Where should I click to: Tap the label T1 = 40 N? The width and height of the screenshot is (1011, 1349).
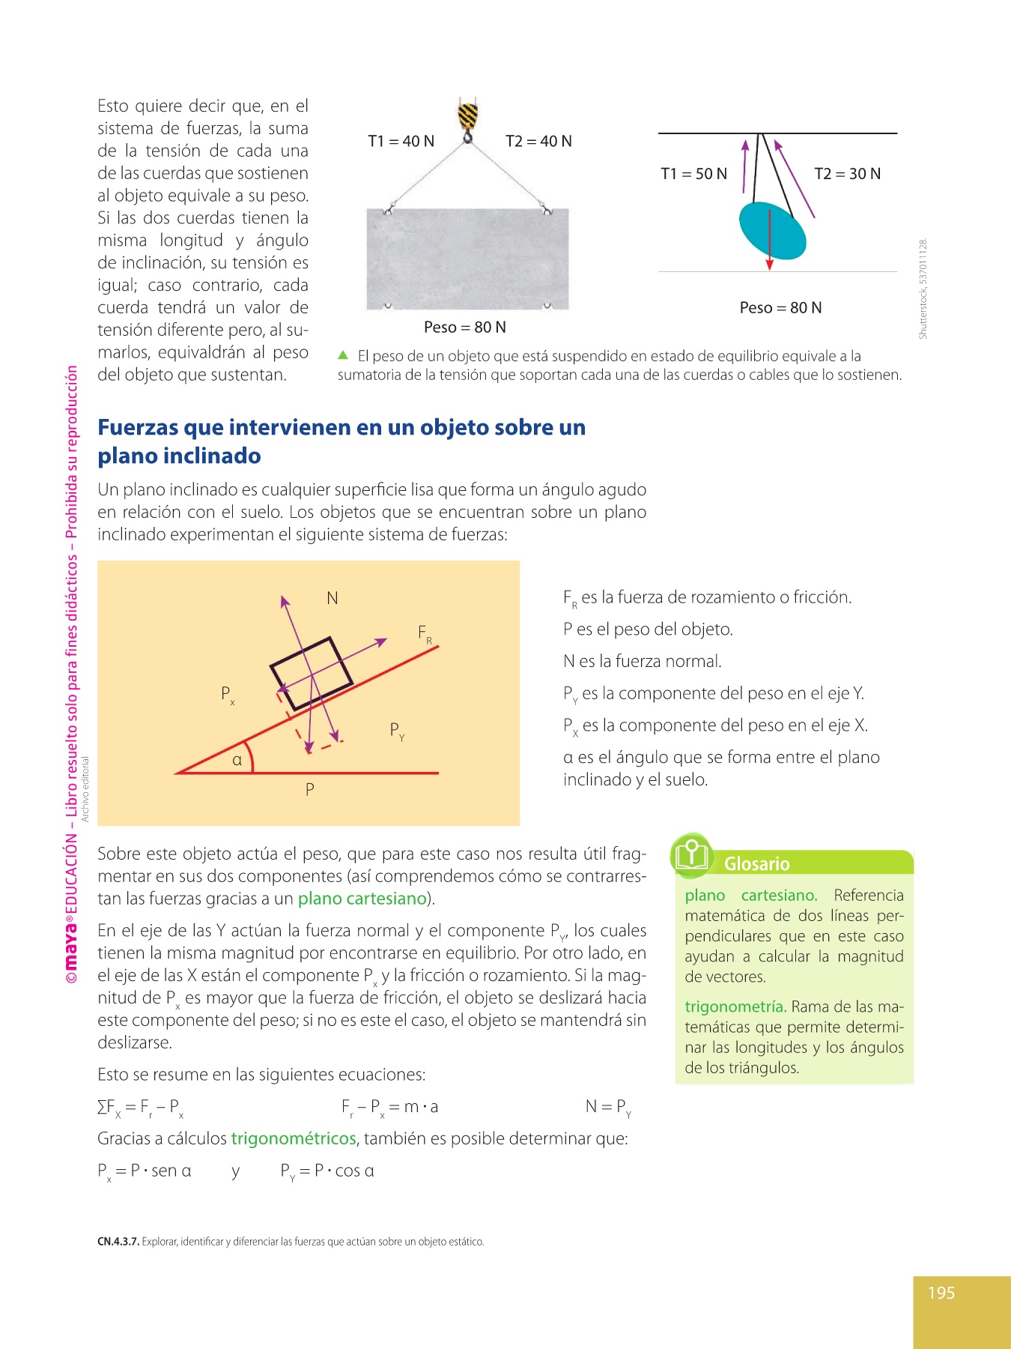coord(401,141)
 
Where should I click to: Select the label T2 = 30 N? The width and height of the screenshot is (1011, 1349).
coord(847,174)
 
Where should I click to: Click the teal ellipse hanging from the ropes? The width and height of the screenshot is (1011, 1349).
coord(772,231)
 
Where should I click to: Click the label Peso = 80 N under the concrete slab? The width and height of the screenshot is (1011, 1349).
coord(464,328)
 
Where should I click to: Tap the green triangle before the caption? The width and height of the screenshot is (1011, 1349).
coord(343,355)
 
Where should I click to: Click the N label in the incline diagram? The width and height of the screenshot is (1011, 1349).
coord(333,598)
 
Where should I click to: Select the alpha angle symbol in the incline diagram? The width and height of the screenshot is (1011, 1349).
coord(237,760)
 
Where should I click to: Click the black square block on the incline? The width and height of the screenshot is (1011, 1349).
coord(311,672)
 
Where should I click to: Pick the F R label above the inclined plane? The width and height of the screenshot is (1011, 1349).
coord(425,634)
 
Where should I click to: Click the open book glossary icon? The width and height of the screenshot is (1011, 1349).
coord(692,854)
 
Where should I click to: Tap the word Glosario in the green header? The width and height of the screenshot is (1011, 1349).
coord(756,864)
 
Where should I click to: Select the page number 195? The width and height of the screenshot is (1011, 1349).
coord(941,1293)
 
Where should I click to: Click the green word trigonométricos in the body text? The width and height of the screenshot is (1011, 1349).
coord(293,1138)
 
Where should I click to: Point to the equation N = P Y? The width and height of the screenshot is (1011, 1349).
coord(607,1107)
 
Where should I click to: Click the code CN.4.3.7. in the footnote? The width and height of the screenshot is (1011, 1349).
coord(118,1242)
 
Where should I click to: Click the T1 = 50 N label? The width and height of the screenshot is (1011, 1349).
coord(693,174)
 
